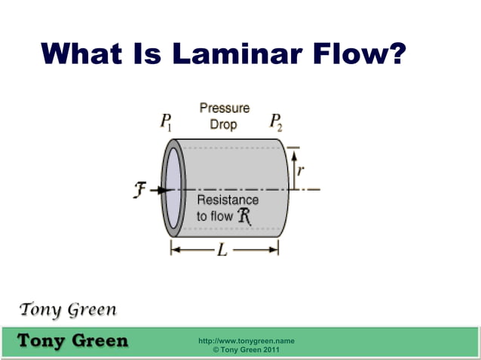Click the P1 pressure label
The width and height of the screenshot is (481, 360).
point(167,122)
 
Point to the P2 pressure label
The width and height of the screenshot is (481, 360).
point(276,122)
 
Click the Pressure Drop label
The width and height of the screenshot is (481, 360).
point(224,116)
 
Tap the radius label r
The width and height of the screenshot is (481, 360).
point(300,171)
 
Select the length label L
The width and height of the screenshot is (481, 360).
point(222,250)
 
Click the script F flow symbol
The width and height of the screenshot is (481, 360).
point(139,191)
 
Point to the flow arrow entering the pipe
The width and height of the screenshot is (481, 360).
point(158,191)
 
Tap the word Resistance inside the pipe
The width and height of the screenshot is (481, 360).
point(228,200)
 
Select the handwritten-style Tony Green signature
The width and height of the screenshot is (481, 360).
point(68,310)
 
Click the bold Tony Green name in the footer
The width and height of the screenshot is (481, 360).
point(72,340)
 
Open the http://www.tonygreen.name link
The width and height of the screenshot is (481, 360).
point(246,341)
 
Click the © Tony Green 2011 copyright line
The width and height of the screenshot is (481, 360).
point(246,350)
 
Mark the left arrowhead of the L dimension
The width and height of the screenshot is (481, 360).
point(174,250)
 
